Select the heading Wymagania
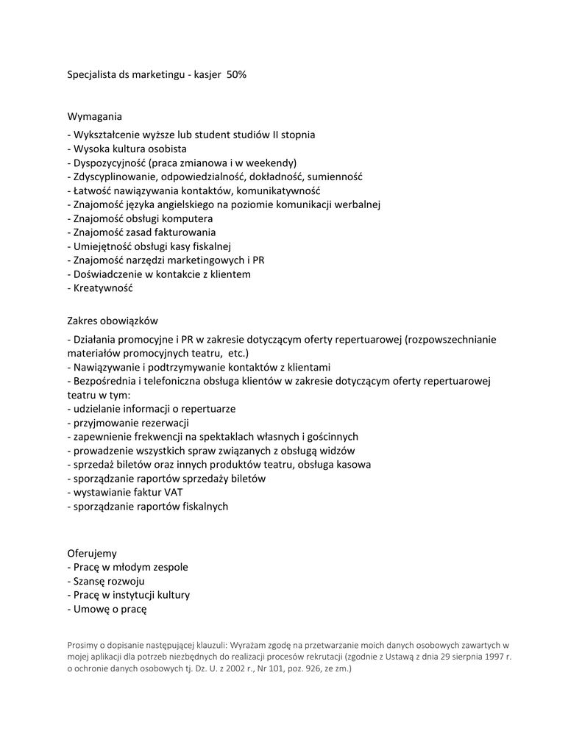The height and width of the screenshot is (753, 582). pos(95,116)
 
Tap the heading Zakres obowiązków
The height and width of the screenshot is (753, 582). pos(113,321)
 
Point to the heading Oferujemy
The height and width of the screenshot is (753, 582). pos(92,552)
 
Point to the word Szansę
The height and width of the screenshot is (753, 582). pos(91,581)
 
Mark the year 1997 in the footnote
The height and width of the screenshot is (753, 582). pos(494,657)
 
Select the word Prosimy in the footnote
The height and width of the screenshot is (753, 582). pos(83,644)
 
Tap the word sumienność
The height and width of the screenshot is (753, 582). pos(335,176)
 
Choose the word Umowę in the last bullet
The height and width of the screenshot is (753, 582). pos(90,609)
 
